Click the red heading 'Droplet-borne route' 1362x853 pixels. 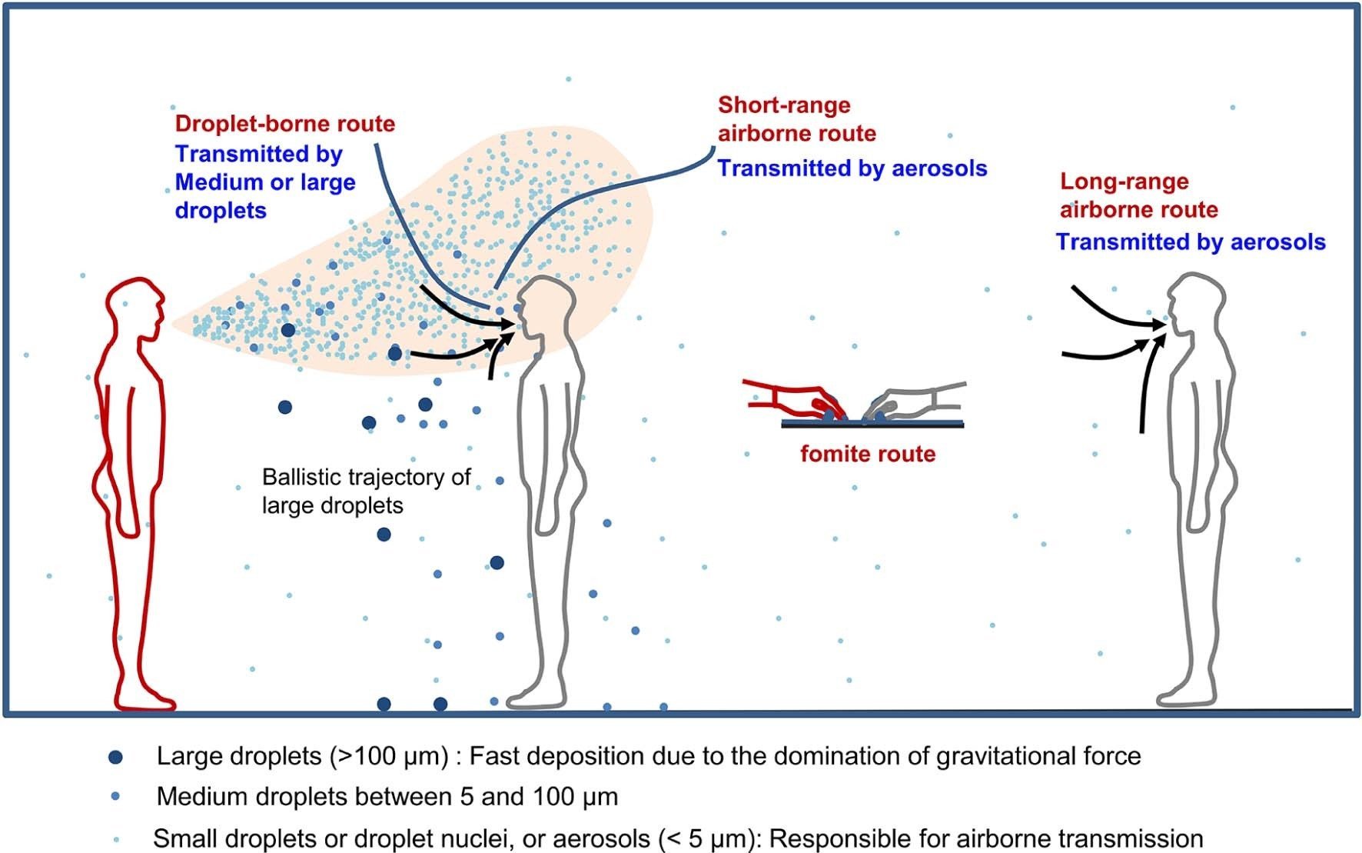point(284,124)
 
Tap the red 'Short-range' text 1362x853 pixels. point(784,105)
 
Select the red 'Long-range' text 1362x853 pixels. point(1124,182)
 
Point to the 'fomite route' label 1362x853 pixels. point(868,454)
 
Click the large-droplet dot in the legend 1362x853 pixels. point(116,757)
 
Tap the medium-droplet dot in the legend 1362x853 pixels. point(116,797)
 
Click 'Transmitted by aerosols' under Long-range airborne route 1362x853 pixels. point(1191,242)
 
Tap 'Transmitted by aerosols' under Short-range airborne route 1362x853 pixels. point(852,168)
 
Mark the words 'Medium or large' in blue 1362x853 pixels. point(265,182)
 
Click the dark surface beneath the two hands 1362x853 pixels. point(872,424)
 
